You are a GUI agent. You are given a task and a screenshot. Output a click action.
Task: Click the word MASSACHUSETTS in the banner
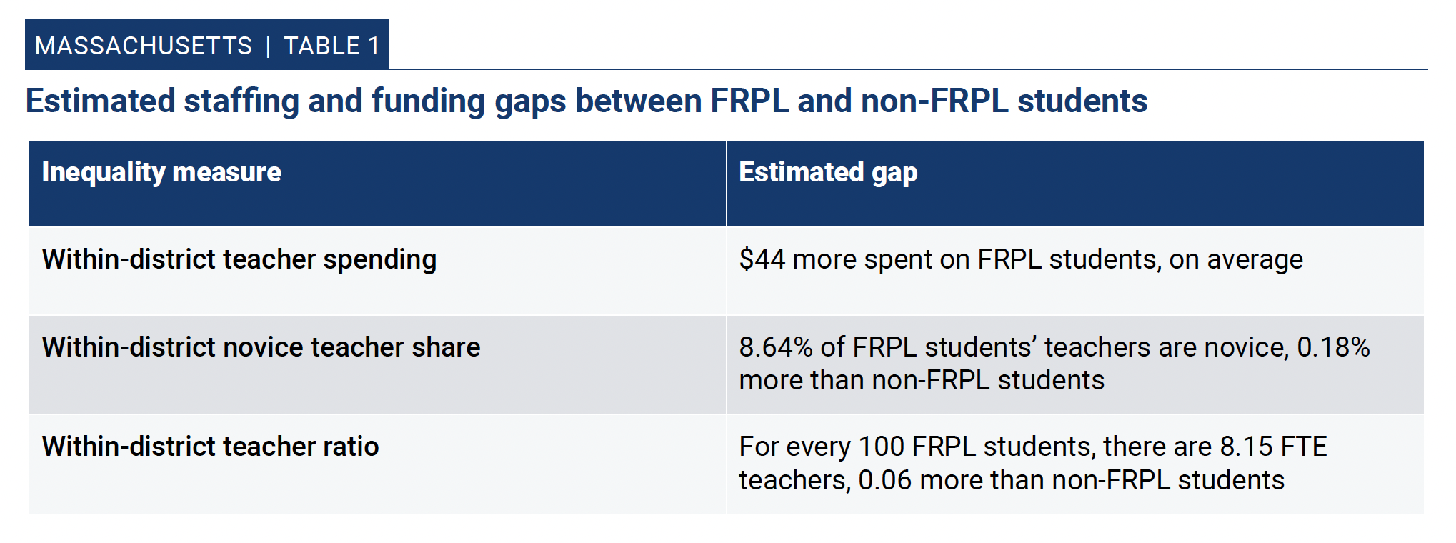pos(144,46)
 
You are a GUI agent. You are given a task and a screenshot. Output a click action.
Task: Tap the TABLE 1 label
pos(331,46)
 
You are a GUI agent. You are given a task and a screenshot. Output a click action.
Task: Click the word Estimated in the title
pos(101,100)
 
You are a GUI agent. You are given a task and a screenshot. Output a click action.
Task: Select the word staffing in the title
pos(241,101)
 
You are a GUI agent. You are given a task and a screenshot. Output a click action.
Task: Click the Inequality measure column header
pos(161,172)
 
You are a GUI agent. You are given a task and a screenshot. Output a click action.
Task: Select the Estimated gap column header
pos(828,172)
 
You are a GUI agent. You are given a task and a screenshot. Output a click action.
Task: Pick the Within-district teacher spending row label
pos(239,259)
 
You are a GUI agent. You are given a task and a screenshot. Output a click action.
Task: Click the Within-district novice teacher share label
pos(261,347)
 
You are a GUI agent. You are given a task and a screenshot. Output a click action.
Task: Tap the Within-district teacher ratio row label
pos(210,447)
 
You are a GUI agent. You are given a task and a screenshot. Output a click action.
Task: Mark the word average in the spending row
pos(1255,260)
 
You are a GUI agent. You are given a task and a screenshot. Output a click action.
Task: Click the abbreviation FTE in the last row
pos(1304,447)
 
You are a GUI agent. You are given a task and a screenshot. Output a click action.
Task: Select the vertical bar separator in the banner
pos(268,46)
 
